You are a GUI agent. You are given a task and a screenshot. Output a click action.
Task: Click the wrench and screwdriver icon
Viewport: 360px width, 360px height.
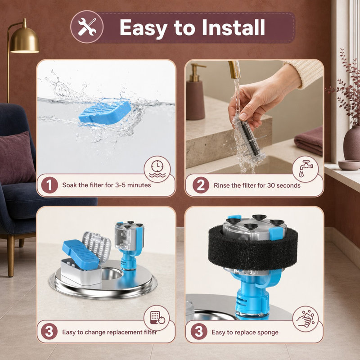pyautogui.click(x=87, y=27)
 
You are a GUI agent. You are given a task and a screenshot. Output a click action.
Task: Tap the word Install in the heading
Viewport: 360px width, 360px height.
pyautogui.click(x=233, y=27)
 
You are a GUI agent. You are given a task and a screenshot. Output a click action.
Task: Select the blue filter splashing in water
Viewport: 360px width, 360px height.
pyautogui.click(x=104, y=112)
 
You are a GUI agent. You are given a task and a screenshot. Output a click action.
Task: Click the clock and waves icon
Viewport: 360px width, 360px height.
pyautogui.click(x=157, y=169)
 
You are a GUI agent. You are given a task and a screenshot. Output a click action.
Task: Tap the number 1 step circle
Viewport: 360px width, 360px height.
pyautogui.click(x=49, y=185)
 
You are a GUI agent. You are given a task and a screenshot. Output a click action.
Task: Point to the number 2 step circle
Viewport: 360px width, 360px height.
pyautogui.click(x=201, y=185)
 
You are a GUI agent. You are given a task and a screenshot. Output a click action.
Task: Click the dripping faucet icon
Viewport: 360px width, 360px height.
pyautogui.click(x=306, y=169)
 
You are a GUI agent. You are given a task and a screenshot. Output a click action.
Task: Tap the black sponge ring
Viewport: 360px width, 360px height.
pyautogui.click(x=253, y=247)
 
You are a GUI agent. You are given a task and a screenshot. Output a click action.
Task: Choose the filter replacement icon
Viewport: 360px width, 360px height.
pyautogui.click(x=157, y=318)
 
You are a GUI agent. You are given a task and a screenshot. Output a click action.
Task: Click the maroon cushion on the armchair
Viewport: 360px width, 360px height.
pyautogui.click(x=17, y=158)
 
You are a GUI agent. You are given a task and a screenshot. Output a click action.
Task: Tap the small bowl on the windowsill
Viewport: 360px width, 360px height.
pyautogui.click(x=350, y=165)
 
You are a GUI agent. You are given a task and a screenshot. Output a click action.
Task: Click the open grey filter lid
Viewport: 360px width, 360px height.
pyautogui.click(x=96, y=246)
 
